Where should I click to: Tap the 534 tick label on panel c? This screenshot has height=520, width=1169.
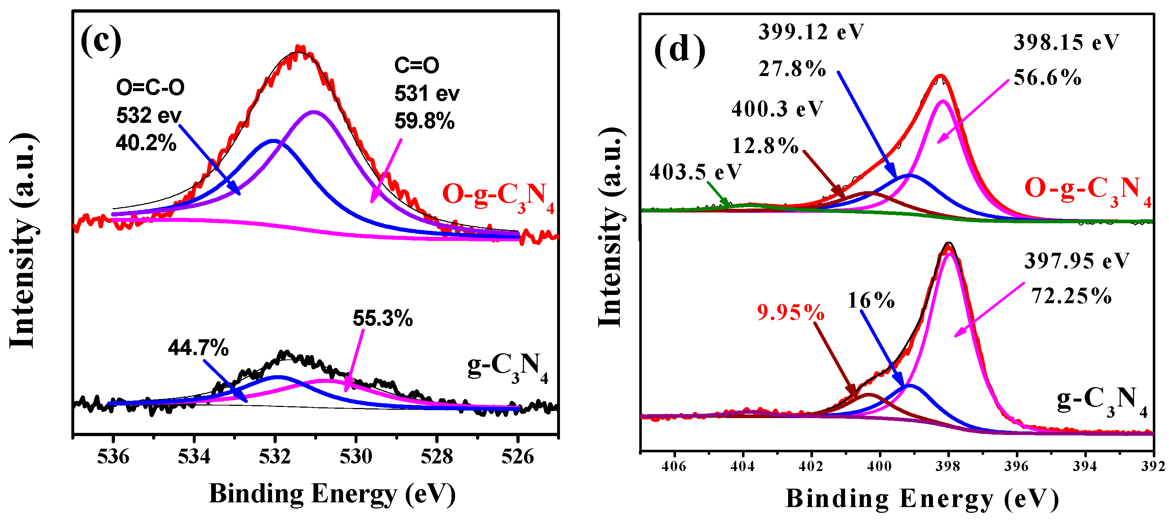coord(194,457)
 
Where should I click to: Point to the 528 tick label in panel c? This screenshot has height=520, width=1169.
coord(436,457)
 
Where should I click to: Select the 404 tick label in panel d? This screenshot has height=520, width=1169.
coord(742,466)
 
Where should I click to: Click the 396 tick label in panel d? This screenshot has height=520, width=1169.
coord(1017,466)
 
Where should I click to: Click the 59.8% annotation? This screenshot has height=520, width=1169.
coord(424,121)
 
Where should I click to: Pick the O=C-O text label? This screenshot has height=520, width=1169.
coord(150,87)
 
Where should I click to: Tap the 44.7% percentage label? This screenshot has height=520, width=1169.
coord(198,348)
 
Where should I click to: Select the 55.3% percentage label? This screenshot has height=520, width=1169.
coord(383,319)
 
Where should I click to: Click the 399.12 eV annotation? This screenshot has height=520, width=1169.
coord(811,32)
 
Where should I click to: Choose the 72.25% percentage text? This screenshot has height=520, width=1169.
coord(1071,296)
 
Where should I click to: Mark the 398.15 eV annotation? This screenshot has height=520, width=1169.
coord(1066,42)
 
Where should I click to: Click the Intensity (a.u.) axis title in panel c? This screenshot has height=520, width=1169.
coord(23,240)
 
